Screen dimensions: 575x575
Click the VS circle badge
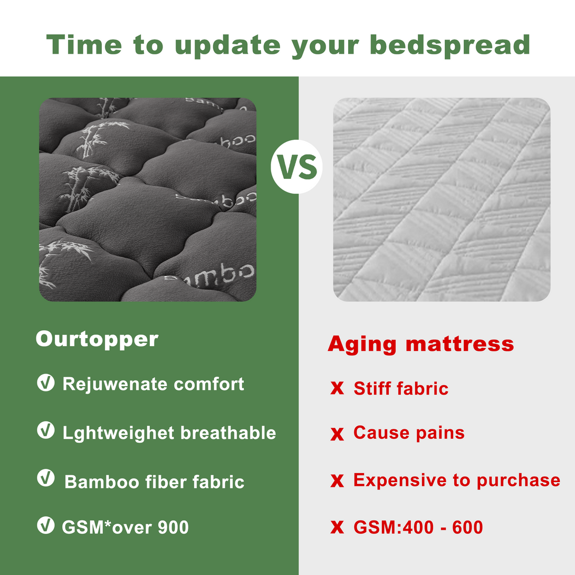(296, 167)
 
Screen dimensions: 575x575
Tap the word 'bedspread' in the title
(450, 45)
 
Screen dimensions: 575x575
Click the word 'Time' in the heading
(84, 44)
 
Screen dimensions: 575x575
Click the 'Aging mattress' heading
(420, 344)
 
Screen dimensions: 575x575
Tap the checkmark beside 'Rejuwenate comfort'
(46, 383)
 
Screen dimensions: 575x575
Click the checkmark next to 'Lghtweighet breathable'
(46, 430)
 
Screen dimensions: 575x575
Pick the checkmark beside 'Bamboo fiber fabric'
(46, 478)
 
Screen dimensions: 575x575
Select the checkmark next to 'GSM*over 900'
(46, 525)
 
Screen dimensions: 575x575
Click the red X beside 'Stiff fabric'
(337, 388)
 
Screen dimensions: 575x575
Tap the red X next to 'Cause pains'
(337, 434)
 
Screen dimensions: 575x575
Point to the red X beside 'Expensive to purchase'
(337, 481)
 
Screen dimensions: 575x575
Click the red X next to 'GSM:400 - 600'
(337, 527)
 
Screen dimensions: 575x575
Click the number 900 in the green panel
(173, 528)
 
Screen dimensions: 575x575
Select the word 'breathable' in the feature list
(228, 433)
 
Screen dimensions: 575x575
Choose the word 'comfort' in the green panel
(209, 385)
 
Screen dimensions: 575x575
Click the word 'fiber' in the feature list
(166, 482)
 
